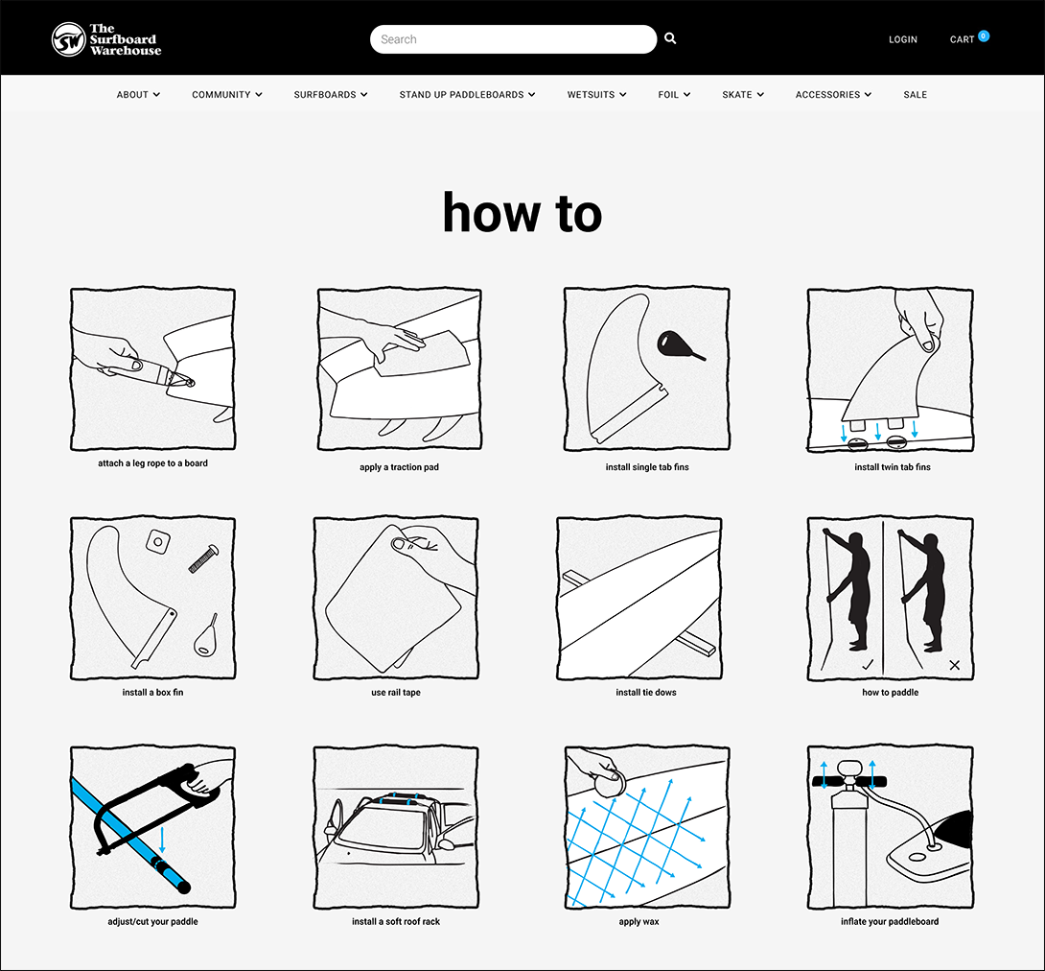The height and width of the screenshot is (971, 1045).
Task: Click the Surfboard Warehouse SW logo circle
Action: coord(69,39)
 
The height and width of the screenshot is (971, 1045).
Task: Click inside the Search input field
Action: coord(513,39)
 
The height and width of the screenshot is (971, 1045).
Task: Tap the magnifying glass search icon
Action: coord(670,38)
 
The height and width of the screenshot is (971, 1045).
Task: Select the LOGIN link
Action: coord(903,39)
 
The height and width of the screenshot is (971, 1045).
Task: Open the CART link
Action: coord(963,39)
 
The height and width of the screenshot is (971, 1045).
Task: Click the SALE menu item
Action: coord(915,95)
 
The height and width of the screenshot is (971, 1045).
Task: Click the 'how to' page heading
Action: coord(522,213)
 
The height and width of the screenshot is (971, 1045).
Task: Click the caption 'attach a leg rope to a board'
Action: coord(152,463)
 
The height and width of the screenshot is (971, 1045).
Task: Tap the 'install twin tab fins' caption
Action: coord(893,467)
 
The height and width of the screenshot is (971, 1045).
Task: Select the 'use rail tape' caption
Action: coord(396,693)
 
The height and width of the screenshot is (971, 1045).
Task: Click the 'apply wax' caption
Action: coord(639,922)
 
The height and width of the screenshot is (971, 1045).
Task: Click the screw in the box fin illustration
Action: coord(203,558)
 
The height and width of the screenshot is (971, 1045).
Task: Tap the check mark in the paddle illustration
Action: coord(868,664)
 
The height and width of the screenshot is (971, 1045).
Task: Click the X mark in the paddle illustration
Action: coord(954,665)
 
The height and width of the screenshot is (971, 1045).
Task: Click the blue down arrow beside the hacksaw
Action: coord(162,840)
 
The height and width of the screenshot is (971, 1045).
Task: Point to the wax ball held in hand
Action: coord(609,784)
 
